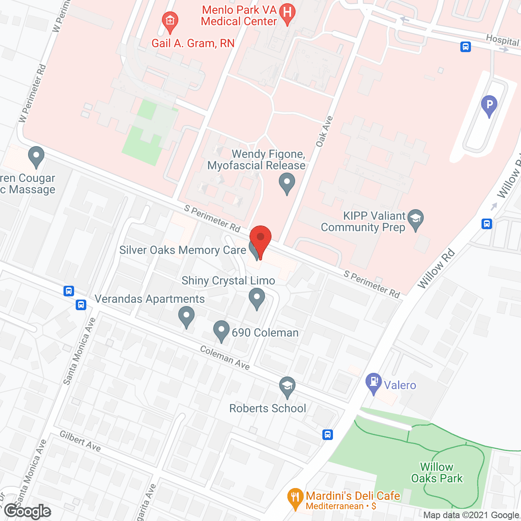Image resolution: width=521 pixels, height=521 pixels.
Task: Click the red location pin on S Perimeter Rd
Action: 260,239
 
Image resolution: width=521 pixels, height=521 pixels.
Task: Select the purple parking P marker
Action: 489,105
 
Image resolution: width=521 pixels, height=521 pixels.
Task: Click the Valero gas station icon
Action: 373,383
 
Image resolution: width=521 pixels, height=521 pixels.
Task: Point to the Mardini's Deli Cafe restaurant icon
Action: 295,498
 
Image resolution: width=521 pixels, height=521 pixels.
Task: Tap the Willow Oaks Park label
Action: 437,473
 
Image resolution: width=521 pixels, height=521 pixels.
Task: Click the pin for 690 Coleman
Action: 221,330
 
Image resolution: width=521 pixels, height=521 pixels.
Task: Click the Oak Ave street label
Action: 324,131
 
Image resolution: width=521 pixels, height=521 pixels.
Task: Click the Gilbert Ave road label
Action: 80,441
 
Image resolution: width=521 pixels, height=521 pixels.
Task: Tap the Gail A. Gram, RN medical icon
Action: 170,21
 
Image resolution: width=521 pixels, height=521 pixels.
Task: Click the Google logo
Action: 28,511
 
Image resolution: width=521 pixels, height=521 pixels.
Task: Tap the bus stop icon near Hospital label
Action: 466,47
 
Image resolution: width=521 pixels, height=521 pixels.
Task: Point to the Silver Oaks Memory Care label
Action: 183,250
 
